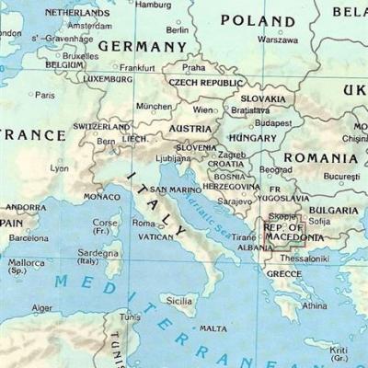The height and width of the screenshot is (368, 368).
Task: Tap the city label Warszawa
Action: click(x=277, y=40)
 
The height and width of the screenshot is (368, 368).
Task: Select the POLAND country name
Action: click(x=257, y=20)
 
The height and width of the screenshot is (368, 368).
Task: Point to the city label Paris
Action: click(x=44, y=95)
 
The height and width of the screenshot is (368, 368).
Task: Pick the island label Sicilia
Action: click(x=179, y=300)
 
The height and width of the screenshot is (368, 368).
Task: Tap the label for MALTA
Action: click(x=213, y=328)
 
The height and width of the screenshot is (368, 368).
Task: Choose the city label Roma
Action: click(x=144, y=223)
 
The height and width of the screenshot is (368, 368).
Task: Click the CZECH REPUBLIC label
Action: click(x=204, y=82)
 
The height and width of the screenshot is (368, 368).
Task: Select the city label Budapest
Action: click(x=273, y=122)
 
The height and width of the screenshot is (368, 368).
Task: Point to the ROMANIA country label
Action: click(x=320, y=157)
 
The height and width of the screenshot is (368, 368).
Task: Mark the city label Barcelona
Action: click(x=28, y=238)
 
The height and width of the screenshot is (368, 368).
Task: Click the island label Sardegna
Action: click(x=97, y=252)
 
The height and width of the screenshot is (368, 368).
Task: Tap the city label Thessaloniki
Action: click(x=303, y=259)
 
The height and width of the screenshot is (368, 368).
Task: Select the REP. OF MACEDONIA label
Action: click(x=293, y=232)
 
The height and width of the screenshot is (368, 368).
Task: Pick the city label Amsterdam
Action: click(x=89, y=27)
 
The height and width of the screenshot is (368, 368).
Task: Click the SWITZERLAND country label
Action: click(x=101, y=127)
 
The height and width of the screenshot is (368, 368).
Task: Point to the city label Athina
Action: click(x=314, y=305)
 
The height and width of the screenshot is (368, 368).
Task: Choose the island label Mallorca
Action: click(x=26, y=263)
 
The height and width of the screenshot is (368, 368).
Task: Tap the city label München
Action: click(x=154, y=106)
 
